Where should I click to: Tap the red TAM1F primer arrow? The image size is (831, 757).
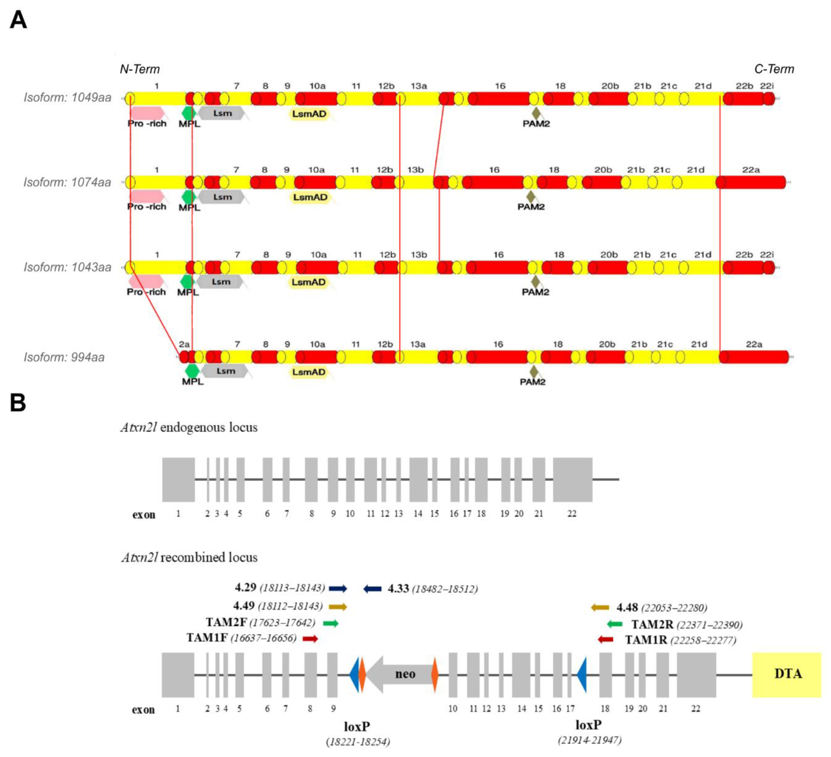[x=310, y=639]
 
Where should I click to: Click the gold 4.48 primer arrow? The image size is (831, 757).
[x=600, y=607]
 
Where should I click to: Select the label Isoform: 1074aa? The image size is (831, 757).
[x=67, y=182]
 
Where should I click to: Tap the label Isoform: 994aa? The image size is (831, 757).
[x=64, y=357]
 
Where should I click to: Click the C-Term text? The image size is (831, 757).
[x=774, y=69]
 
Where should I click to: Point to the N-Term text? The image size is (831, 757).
[x=140, y=69]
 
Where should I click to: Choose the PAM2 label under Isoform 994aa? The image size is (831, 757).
[x=532, y=382]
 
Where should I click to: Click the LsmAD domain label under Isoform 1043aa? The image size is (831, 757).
[x=309, y=282]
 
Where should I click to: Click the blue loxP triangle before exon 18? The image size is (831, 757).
[x=582, y=675]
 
